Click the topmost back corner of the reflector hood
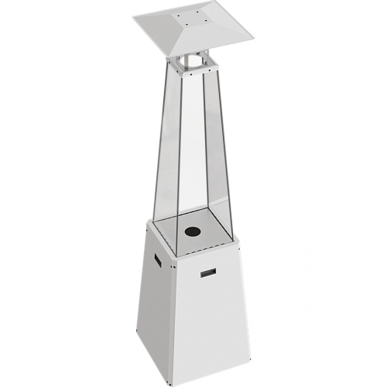point(203,2)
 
